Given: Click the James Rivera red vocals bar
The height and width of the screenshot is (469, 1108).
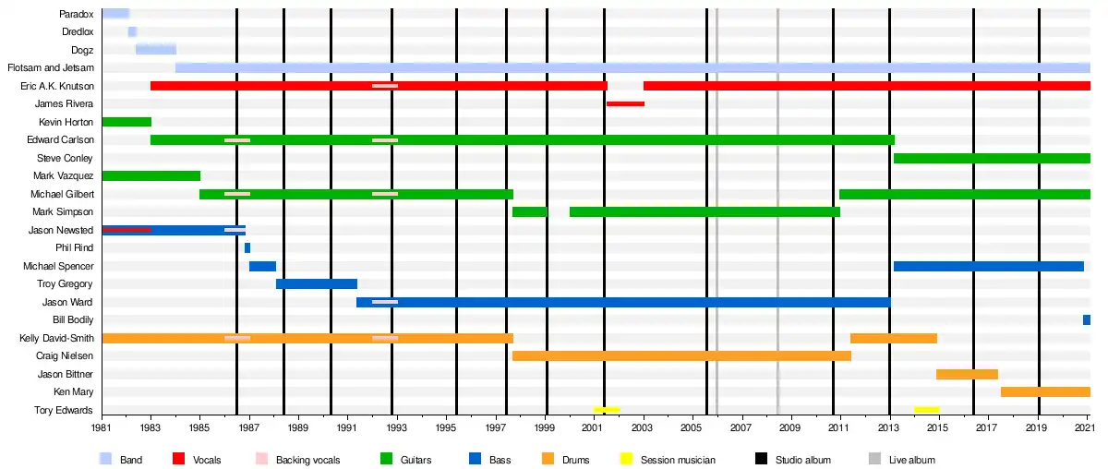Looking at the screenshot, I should (x=625, y=103).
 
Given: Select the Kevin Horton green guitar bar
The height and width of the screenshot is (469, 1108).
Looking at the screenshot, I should (x=126, y=122).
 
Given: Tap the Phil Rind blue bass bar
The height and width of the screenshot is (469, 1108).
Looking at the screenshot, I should (x=247, y=247).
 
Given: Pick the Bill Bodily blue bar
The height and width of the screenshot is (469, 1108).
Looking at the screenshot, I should (x=1087, y=319).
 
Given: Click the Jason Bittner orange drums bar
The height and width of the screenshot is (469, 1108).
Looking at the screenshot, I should (x=967, y=374).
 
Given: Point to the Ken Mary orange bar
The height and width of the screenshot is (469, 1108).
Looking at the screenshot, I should (x=1045, y=391).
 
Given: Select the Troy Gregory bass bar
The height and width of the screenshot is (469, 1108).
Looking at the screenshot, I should (x=317, y=283).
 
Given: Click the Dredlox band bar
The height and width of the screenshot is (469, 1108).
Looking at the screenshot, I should (x=132, y=31).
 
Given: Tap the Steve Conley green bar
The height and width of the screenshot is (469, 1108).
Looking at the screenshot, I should (x=992, y=158).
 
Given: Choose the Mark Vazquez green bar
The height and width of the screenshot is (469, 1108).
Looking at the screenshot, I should (x=151, y=175).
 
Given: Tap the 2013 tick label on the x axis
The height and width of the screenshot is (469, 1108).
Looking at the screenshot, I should (x=890, y=428).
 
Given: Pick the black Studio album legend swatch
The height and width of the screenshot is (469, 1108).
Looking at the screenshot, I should (x=762, y=459).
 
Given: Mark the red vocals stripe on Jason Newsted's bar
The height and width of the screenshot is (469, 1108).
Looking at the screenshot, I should (x=126, y=229).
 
